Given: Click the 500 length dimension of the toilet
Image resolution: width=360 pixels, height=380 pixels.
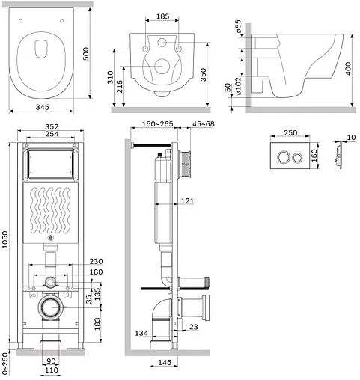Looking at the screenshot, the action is (x=86, y=54).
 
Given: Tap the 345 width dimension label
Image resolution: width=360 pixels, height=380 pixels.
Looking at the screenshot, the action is (x=43, y=107).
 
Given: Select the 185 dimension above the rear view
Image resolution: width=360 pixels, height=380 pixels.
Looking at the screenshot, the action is (x=162, y=16).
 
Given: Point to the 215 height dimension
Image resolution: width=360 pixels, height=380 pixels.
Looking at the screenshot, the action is (x=120, y=86).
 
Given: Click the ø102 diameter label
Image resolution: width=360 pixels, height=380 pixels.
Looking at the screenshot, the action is (x=238, y=85).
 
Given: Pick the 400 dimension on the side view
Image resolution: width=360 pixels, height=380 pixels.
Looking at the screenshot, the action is (x=348, y=68).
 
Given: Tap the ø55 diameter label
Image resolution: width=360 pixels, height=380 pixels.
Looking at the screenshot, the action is (x=238, y=26).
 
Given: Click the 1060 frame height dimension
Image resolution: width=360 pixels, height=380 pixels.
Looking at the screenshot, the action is (x=5, y=239).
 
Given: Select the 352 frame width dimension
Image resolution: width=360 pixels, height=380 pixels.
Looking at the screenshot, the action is (x=52, y=127).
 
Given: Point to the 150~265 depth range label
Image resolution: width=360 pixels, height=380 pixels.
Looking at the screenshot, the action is (x=158, y=124).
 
